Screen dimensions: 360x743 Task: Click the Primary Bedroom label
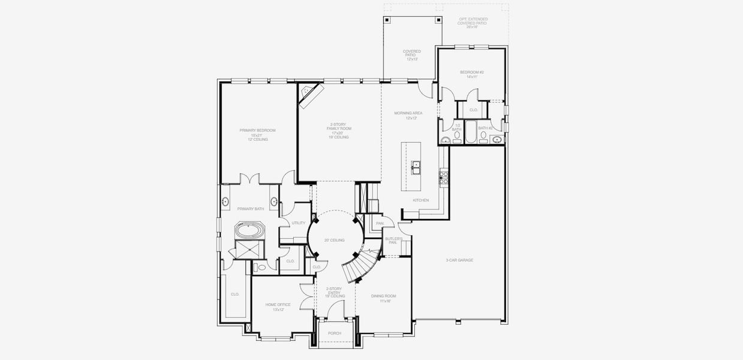point(253,134)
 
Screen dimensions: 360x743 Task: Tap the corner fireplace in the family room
point(311,95)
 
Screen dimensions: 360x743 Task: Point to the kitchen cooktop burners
point(444,176)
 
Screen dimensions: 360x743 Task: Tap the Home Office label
point(278,307)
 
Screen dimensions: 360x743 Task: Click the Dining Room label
point(383,298)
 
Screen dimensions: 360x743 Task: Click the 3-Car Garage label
point(459,260)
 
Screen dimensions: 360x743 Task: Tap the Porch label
point(335,333)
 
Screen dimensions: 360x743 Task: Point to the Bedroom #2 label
point(471,74)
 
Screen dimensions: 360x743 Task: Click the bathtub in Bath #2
point(471,132)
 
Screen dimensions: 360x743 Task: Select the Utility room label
point(298,223)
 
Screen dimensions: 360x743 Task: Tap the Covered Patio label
point(411,55)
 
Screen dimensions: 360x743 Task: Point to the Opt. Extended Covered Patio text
point(473,23)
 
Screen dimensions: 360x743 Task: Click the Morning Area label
point(408,115)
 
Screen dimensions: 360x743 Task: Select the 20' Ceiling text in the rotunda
point(335,240)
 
